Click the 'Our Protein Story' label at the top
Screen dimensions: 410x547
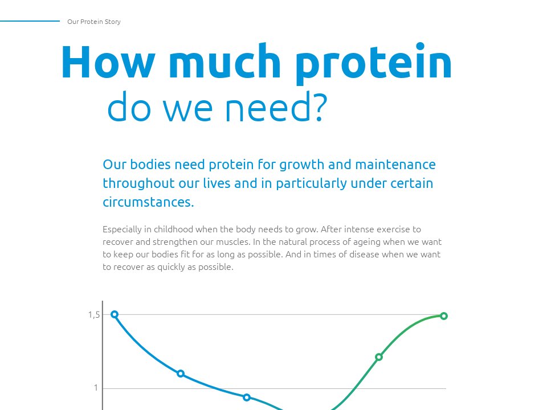(x=93, y=22)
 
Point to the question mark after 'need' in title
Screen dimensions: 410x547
(x=318, y=106)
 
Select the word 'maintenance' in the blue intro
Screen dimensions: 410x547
(x=395, y=165)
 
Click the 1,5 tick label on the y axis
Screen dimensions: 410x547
(x=94, y=315)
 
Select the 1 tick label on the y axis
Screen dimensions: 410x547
(x=96, y=388)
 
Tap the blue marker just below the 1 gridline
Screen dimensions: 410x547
(x=247, y=397)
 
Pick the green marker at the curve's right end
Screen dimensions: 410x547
(x=444, y=316)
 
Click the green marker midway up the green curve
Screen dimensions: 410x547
(x=379, y=357)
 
